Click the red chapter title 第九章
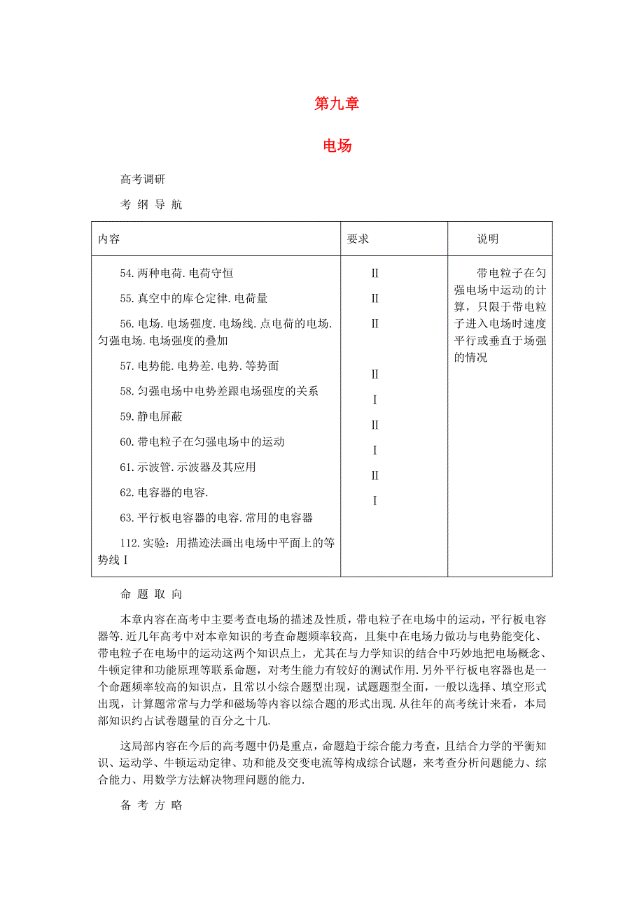(337, 104)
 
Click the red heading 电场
(337, 146)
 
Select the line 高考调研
(143, 180)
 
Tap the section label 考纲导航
(151, 205)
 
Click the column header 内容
(109, 239)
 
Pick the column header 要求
(358, 239)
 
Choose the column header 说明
(488, 239)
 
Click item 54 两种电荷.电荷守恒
(181, 273)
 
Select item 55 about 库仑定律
(193, 298)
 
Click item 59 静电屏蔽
(151, 416)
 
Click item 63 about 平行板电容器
(216, 518)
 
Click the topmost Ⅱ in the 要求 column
(375, 273)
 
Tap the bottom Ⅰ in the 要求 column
(375, 501)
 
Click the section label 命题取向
(151, 595)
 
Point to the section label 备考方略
(151, 805)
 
